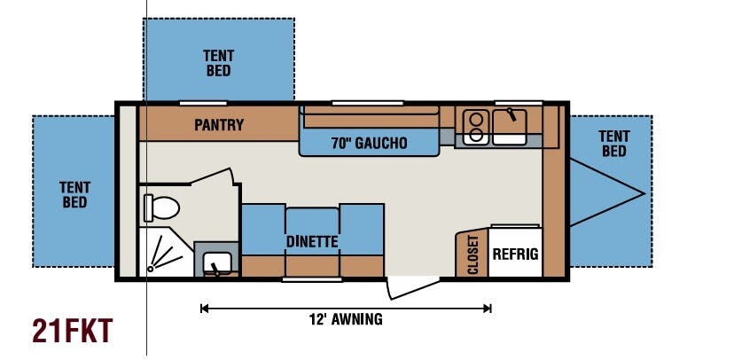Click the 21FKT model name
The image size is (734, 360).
[x=73, y=331]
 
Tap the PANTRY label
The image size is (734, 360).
[x=219, y=125]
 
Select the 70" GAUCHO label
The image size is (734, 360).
[x=370, y=144]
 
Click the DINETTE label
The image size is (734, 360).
[x=312, y=242]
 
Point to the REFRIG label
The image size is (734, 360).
[x=515, y=254]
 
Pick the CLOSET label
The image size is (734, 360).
[x=473, y=254]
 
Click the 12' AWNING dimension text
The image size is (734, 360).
[x=346, y=319]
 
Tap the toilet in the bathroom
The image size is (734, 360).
[x=161, y=207]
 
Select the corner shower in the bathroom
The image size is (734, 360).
[x=166, y=252]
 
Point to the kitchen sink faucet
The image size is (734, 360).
[x=511, y=114]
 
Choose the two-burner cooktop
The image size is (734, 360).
[x=476, y=127]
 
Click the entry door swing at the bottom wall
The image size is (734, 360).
[x=412, y=288]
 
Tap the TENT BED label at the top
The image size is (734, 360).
[x=219, y=63]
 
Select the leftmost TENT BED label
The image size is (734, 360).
[x=74, y=195]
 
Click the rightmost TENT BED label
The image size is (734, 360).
[x=614, y=144]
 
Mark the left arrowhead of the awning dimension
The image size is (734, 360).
[x=203, y=308]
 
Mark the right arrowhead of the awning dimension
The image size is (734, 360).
[x=488, y=308]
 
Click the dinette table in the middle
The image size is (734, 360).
[x=312, y=231]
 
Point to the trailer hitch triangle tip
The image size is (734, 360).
[x=644, y=193]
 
